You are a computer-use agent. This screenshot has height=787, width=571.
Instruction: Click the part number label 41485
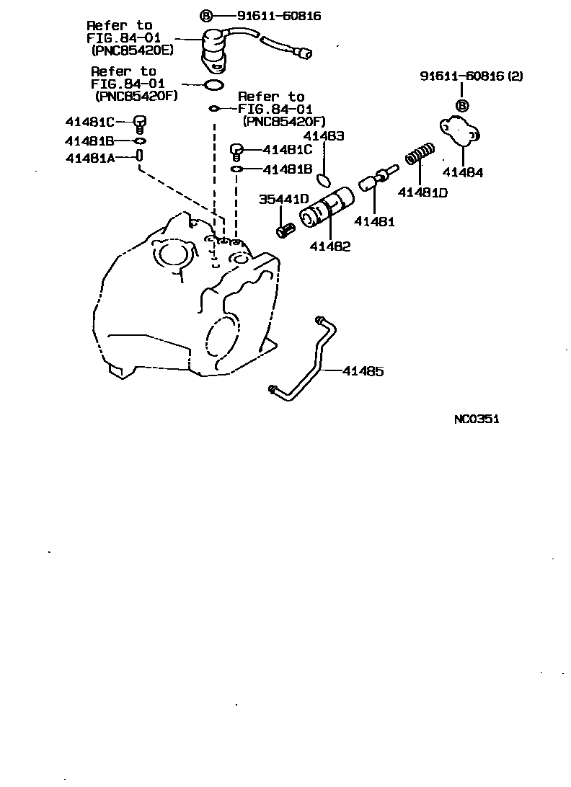pos(363,371)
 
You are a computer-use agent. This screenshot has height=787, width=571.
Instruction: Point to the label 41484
pos(463,173)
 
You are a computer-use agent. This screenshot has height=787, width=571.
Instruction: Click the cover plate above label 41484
pos(460,131)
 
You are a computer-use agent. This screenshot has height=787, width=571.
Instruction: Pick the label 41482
pos(330,246)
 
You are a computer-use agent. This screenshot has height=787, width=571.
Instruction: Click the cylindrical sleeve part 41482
pos(326,208)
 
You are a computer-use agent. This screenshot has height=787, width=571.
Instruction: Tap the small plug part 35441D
pos(285,230)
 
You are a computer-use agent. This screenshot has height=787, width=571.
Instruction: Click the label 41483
pos(323,135)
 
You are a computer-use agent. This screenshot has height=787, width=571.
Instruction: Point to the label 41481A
pos(90,158)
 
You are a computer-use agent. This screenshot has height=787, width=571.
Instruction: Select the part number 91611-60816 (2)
pos(472,76)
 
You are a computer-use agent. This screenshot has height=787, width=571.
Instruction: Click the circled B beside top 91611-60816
pos(205,15)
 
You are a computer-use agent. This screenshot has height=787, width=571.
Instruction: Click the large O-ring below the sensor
pos(213,86)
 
